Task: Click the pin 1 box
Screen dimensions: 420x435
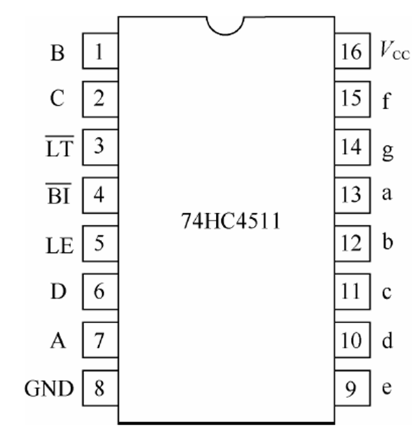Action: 100,52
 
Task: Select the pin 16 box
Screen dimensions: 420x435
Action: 352,52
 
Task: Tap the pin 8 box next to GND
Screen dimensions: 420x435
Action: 100,388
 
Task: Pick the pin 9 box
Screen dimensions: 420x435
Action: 352,388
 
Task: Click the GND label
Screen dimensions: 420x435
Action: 49,389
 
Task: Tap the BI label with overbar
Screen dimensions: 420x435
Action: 58,195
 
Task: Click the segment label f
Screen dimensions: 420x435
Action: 386,101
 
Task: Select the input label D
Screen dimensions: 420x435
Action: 58,292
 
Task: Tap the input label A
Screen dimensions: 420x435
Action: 58,341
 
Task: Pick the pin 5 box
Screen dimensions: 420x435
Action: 100,244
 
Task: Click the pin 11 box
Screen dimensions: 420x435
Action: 352,292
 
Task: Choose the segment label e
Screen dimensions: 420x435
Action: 386,389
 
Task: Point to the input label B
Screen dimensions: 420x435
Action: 58,53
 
